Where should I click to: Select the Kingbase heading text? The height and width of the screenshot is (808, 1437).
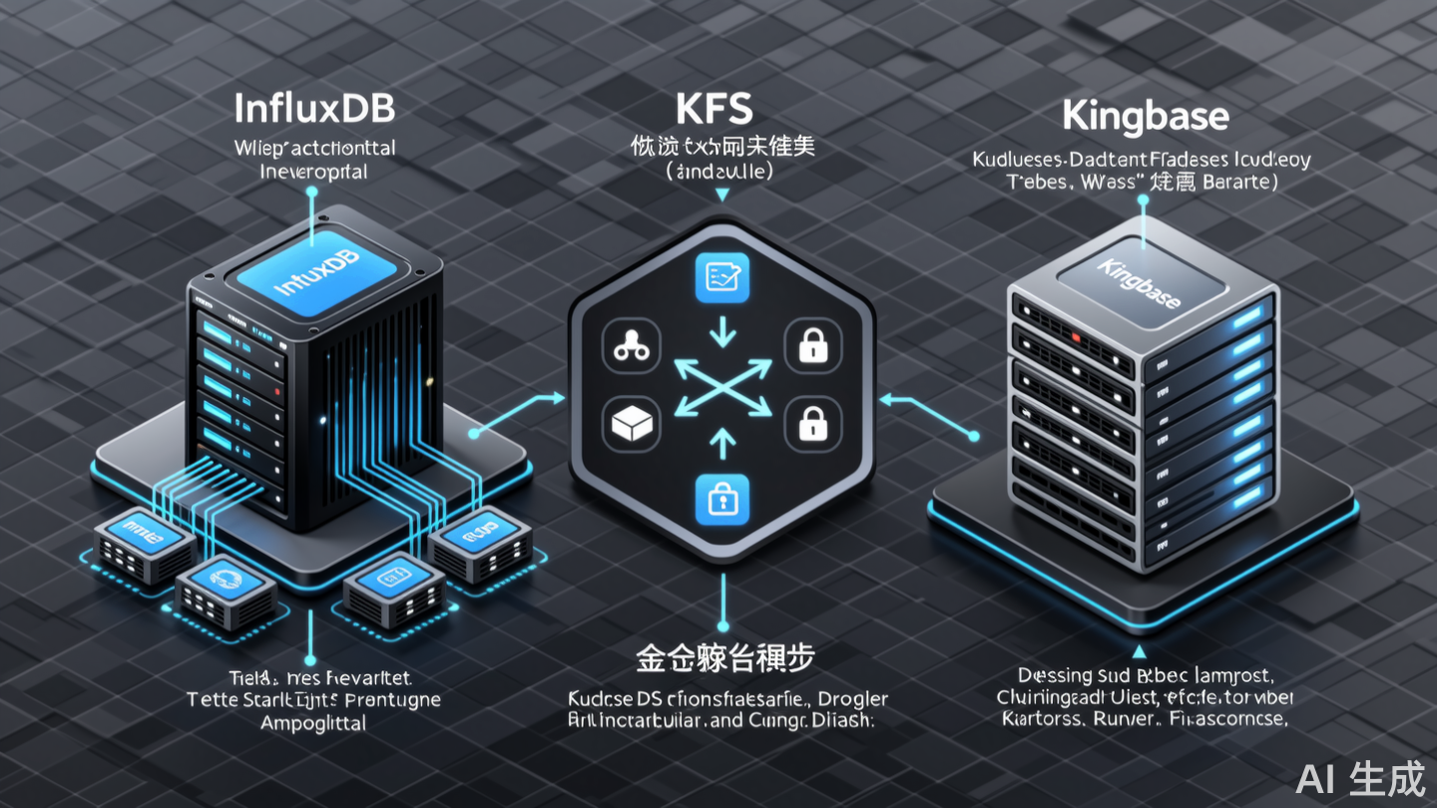(x=1145, y=116)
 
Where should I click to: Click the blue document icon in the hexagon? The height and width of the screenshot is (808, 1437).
(x=720, y=278)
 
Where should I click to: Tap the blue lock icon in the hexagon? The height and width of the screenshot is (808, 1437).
(x=720, y=495)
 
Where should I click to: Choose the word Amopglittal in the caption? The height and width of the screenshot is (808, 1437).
(x=312, y=723)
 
